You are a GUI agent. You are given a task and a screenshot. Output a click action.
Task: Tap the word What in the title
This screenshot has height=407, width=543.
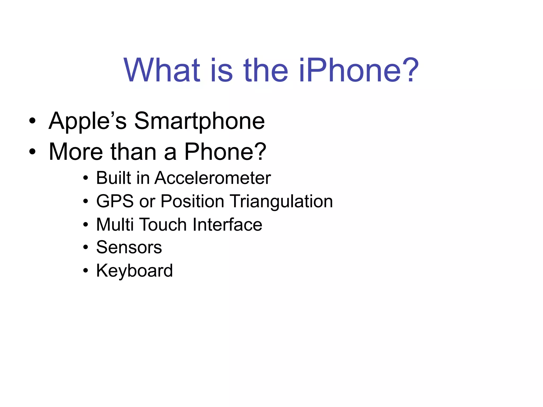pos(162,70)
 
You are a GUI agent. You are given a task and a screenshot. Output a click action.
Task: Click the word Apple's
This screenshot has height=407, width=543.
pos(88,121)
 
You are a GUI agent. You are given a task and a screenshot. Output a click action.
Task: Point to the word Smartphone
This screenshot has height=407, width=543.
pos(199,121)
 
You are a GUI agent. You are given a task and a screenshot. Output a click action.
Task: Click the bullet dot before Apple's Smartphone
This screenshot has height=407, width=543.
pos(32,122)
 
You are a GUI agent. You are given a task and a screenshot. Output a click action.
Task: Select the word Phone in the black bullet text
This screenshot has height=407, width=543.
pos(220,152)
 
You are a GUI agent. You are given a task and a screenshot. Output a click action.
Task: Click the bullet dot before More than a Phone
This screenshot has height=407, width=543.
pos(32,152)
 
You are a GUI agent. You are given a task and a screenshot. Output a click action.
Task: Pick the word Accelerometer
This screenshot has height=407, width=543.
pos(213,178)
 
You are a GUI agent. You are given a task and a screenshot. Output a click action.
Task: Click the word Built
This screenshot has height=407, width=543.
pos(113,178)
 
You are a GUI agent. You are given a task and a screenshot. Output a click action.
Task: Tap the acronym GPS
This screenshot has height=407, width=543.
pos(115,201)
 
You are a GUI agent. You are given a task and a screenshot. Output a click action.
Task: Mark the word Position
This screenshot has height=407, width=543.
pos(192,201)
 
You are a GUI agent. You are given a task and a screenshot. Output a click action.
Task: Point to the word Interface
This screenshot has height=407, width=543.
pos(227,225)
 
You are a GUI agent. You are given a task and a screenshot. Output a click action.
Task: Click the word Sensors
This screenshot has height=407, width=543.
pos(129,247)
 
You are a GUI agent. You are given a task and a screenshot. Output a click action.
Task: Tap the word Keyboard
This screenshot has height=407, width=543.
pos(134,271)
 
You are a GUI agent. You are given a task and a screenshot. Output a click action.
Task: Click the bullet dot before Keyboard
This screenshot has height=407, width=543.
pos(85,271)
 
